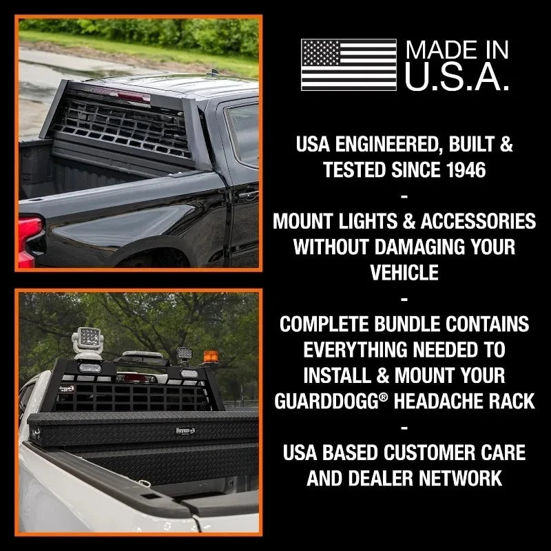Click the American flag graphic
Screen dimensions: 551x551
pyautogui.click(x=349, y=65)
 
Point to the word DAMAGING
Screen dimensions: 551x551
pyautogui.click(x=423, y=247)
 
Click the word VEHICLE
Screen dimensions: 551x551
pyautogui.click(x=404, y=272)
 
